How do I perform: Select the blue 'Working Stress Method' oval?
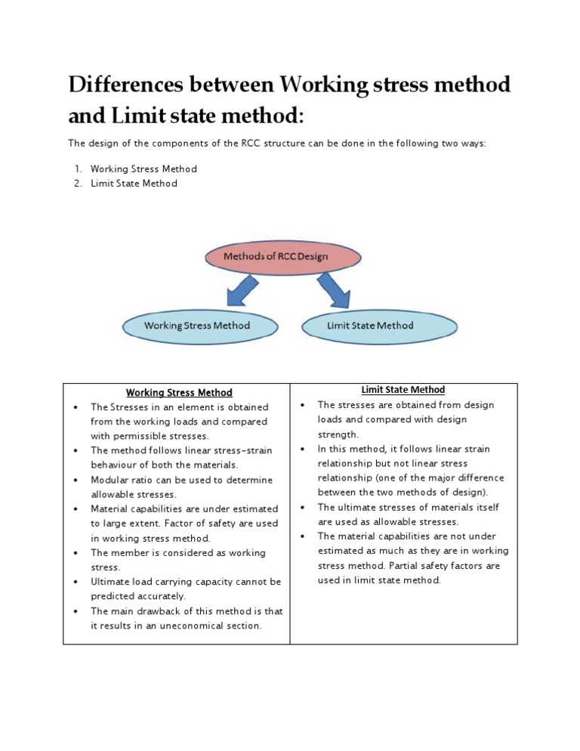pos(197,326)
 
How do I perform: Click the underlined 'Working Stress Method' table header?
pos(179,392)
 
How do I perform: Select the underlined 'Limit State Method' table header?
pos(403,390)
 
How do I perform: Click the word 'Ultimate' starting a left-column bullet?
pos(111,582)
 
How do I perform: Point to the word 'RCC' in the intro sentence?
pos(255,142)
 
